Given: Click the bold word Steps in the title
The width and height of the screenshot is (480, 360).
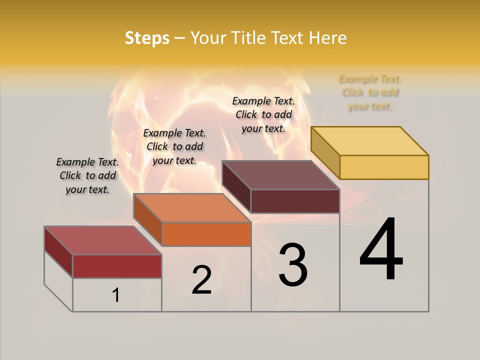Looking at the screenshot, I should tap(147, 38).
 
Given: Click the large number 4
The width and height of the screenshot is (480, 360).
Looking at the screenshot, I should tap(381, 250).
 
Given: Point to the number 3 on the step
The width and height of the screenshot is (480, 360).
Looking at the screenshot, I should tap(293, 265).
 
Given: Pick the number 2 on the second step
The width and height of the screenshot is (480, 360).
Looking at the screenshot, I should tap(201, 280).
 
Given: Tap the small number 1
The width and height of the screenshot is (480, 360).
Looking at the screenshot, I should tap(116, 295).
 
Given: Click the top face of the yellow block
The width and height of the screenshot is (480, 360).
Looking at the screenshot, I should tap(370, 140).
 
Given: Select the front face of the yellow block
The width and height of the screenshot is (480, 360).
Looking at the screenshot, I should tap(384, 167).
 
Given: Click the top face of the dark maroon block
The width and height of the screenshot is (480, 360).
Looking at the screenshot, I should tap(280, 175).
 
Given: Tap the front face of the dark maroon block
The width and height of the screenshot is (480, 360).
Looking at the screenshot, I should tap(295, 201).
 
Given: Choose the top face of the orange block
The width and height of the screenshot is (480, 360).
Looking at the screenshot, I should tap(192, 207).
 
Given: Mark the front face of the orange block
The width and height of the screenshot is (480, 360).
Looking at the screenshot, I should tap(206, 234).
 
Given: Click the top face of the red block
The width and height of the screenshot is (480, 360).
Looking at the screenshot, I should tap(103, 240).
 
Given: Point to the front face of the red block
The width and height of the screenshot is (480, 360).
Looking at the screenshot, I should tap(117, 266).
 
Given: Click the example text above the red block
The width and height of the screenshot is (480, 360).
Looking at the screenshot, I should tap(87, 176).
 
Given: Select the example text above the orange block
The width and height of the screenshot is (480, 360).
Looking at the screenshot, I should tap(174, 147).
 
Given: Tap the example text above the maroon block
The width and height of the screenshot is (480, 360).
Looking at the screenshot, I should tap(263, 115).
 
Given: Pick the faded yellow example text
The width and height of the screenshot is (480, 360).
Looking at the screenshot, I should tap(370, 92).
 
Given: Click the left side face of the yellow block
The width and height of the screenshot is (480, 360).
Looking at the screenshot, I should tap(325, 152).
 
